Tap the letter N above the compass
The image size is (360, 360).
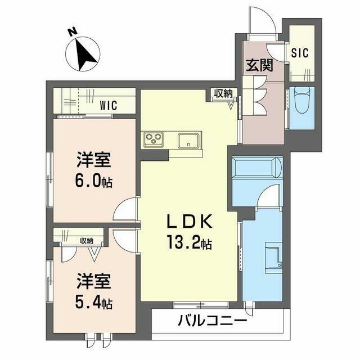point(73,31)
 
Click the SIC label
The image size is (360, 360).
point(300,53)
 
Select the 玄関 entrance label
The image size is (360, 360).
point(259,65)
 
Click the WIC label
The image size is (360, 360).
point(109,105)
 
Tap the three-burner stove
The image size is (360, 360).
point(154,139)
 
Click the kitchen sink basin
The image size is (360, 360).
point(188,141)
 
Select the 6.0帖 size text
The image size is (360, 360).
point(93,182)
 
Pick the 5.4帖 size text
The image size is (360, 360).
point(93,303)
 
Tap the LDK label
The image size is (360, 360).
point(190,222)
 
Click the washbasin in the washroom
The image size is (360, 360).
point(274,257)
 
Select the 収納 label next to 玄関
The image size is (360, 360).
point(223,94)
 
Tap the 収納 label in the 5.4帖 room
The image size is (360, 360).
point(87,241)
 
